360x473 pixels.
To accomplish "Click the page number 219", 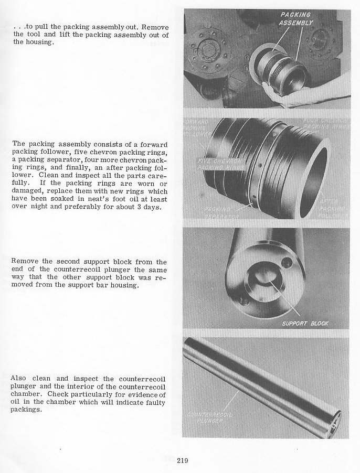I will [182, 461].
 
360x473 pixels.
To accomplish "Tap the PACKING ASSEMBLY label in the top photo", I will [297, 19].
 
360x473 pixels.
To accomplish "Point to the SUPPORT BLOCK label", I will [305, 323].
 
